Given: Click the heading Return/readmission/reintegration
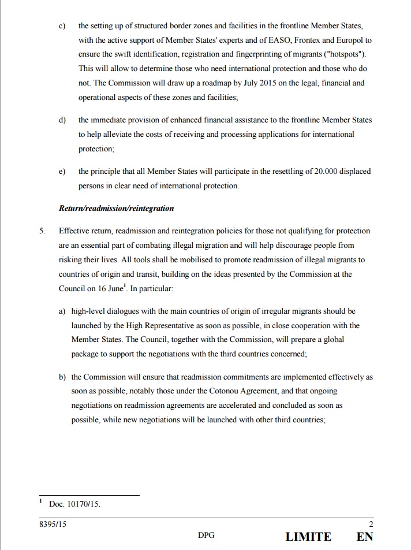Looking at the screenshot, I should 116,208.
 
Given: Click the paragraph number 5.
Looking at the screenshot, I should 42,231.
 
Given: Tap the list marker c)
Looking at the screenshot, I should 62,26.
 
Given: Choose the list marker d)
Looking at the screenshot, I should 62,120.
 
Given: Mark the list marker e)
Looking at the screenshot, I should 62,172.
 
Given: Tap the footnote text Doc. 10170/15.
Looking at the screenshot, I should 74,504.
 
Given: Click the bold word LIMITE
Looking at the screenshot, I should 308,537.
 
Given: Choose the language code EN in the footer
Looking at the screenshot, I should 365,537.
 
